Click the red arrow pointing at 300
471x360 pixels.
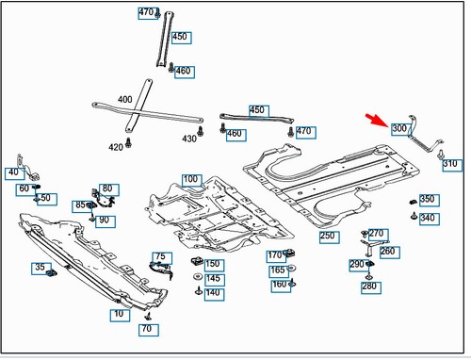379,120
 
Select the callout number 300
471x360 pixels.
398,129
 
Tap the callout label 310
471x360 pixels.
450,164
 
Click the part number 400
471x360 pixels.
125,100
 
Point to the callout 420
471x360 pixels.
115,147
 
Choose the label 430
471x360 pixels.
189,139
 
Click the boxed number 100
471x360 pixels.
191,179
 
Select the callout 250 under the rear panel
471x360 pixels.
328,236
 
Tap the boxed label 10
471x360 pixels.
119,313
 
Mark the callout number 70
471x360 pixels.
146,330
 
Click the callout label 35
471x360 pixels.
41,268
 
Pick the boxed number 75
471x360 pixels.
160,257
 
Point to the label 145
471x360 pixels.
214,279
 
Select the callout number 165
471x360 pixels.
278,270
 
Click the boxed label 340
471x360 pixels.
428,219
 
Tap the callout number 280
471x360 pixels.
369,286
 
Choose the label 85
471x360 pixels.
79,205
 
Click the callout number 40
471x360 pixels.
12,172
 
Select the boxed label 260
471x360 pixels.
388,252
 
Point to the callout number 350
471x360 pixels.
428,200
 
